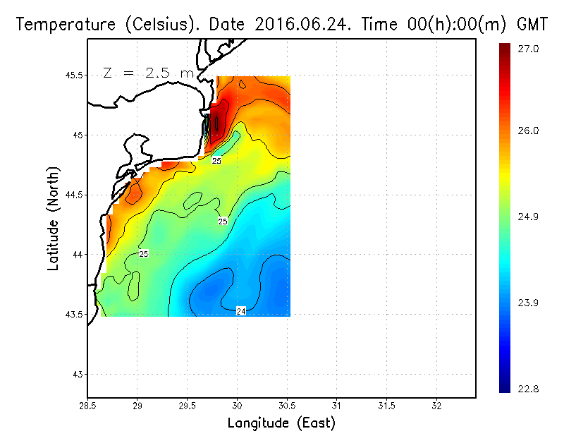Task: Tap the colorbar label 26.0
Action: pyautogui.click(x=527, y=131)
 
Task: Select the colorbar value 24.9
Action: pyautogui.click(x=527, y=217)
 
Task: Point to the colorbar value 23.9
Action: pyautogui.click(x=527, y=303)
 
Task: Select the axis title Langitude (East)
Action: pyautogui.click(x=281, y=423)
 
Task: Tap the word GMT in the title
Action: pyautogui.click(x=534, y=24)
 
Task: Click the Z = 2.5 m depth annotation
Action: pyautogui.click(x=149, y=73)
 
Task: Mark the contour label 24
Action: pyautogui.click(x=240, y=311)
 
